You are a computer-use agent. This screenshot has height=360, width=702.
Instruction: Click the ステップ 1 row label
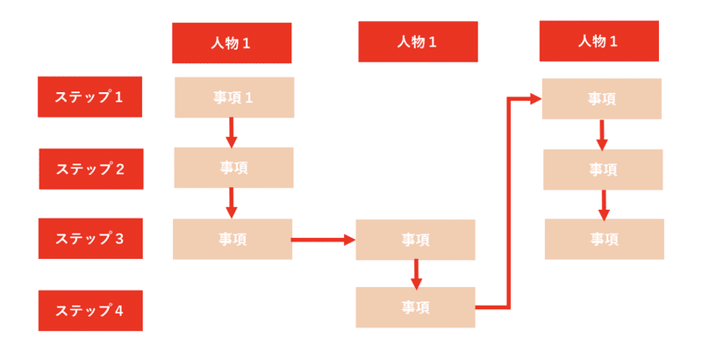point(90,97)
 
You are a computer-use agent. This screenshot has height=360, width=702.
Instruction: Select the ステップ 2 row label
point(90,169)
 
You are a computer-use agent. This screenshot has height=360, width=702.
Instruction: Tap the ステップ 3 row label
point(90,238)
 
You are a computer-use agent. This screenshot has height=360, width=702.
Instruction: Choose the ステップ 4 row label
point(90,310)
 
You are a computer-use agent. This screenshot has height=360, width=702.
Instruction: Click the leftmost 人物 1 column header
point(232,43)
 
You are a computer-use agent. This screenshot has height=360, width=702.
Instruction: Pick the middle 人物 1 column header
point(418,41)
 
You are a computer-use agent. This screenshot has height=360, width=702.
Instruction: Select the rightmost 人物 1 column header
point(598,40)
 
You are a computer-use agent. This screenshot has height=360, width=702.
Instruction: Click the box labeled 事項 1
point(233,97)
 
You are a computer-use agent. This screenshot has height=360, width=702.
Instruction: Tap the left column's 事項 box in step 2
point(233,168)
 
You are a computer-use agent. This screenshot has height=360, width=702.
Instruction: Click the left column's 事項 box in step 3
point(232,239)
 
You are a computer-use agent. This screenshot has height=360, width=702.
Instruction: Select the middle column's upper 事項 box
point(415,240)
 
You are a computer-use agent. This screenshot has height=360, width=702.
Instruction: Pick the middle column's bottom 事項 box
point(415,307)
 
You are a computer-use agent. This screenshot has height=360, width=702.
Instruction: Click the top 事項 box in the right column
point(601,98)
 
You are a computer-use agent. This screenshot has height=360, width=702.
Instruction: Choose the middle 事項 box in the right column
point(603,169)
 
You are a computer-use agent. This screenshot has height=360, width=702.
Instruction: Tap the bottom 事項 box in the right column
point(604,239)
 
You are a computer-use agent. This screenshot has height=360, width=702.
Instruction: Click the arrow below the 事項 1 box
point(232,133)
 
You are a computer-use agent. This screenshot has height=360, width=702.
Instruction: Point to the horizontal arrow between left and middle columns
point(323,239)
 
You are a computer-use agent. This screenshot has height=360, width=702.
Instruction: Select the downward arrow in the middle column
point(416,273)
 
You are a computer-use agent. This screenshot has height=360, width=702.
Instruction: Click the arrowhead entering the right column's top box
point(534,98)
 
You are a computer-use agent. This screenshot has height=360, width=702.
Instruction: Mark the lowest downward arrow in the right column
point(603,205)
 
